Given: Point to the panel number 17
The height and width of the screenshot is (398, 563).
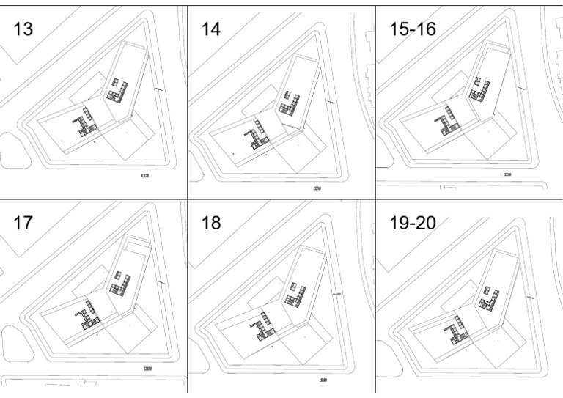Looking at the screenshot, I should (x=23, y=223).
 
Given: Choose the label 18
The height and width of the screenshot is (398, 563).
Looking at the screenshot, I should (x=211, y=223).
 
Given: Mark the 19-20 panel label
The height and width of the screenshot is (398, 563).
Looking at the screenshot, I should (x=412, y=223).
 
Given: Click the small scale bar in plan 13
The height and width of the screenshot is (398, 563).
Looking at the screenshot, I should (x=145, y=175).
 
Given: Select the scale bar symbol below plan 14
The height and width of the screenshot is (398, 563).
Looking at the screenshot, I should (x=317, y=188).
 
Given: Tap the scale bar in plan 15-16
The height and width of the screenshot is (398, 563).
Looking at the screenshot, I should (x=507, y=174).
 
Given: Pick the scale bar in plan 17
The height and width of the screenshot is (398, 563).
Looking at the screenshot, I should (x=147, y=367).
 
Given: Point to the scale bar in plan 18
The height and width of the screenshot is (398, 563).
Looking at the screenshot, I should (x=323, y=380).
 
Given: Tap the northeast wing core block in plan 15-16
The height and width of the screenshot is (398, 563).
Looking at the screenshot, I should (x=479, y=90).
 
